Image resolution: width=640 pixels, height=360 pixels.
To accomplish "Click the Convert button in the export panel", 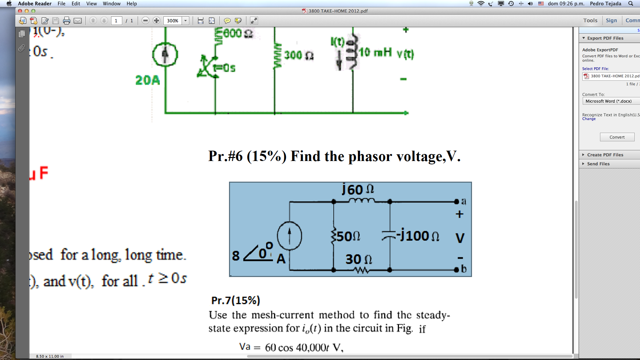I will pos(617,137).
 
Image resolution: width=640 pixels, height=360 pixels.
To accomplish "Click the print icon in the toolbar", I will pos(67,21).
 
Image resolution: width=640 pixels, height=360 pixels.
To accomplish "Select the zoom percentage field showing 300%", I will pos(173,21).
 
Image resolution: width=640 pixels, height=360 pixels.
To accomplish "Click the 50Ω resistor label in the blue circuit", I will pos(348,236).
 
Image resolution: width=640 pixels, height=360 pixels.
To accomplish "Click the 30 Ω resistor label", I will pos(359,259).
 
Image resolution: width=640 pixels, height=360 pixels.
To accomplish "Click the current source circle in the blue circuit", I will pos(289,236).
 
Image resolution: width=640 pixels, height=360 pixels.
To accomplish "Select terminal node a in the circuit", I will pos(457,202).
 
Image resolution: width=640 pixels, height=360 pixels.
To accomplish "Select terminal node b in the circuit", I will pos(457,270).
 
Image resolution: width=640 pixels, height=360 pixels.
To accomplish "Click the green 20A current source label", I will pos(147,80).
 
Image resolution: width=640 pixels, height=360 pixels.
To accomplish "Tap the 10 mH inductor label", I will pos(375,52).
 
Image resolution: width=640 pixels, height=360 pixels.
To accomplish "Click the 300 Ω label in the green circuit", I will pos(299,55).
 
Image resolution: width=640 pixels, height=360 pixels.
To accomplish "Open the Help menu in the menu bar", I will pos(132,4).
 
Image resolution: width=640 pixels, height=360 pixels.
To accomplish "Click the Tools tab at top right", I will pos(590,21).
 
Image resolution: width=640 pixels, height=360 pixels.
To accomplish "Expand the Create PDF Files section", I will pos(605,155).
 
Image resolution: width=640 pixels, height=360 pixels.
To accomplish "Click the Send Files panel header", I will pos(598,164).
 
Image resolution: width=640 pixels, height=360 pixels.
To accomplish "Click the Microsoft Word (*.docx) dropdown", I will pos(611,101).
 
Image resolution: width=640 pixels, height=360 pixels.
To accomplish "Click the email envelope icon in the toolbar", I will pos(78,21).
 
